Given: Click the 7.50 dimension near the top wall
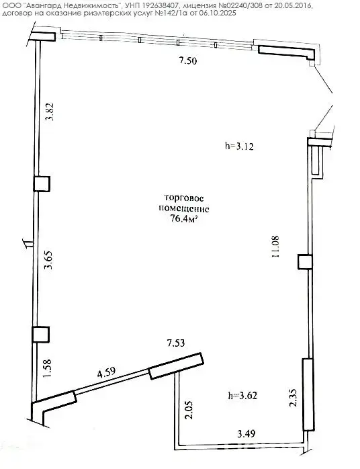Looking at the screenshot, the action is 188,60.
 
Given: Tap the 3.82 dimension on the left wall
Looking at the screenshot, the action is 49,112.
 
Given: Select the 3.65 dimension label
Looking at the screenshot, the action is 48,260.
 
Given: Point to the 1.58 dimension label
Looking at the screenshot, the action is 47,368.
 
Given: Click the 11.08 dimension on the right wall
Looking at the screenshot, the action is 275,247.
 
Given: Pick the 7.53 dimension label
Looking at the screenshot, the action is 176,343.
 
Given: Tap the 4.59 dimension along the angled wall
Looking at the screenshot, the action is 106,373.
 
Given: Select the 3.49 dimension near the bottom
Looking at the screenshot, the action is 246,433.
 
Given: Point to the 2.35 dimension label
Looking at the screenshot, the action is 293,398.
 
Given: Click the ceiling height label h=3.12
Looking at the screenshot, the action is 239,146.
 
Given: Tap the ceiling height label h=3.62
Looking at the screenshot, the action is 242,395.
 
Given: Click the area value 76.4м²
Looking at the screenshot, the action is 184,219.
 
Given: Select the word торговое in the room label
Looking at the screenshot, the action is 184,198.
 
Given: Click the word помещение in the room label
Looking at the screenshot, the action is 183,209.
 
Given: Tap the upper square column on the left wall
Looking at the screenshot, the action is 42,183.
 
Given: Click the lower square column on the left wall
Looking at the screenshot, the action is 41,335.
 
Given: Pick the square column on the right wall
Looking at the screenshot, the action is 306,262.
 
